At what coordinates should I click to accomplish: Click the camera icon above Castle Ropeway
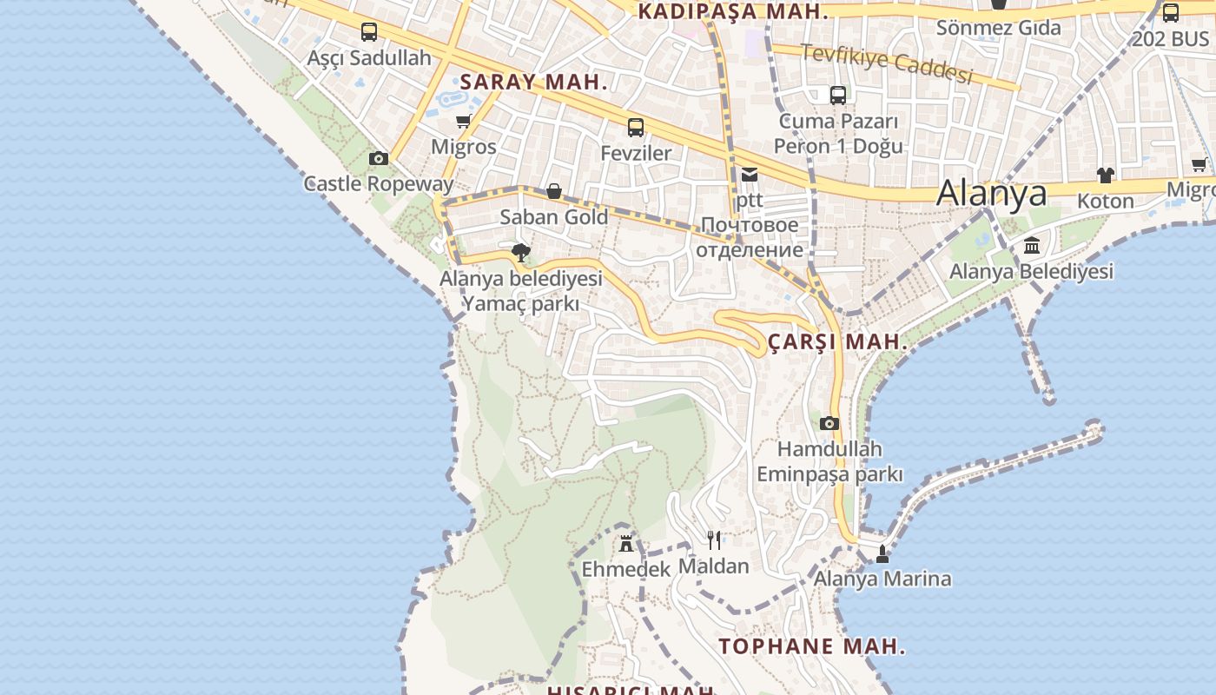(379, 158)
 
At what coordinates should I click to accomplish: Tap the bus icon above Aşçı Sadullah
(369, 32)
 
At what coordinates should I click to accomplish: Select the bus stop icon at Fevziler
(636, 128)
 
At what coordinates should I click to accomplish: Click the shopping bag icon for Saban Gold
(554, 191)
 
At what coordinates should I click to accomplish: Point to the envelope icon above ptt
(750, 175)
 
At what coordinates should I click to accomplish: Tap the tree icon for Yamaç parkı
(521, 253)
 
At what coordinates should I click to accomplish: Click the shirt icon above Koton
(1105, 175)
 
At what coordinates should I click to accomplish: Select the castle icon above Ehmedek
(625, 544)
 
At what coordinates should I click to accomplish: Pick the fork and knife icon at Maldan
(714, 540)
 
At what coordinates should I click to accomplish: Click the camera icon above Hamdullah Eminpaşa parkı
(829, 423)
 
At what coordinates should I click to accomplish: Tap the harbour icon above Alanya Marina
(882, 553)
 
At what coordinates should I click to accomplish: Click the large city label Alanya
(991, 193)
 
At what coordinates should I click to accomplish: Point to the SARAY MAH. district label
(533, 83)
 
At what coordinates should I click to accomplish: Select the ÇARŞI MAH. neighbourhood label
(838, 341)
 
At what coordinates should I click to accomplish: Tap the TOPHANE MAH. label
(812, 646)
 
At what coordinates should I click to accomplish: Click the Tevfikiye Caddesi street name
(886, 64)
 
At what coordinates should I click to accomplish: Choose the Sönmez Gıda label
(998, 28)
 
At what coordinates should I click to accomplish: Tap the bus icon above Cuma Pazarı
(838, 96)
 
